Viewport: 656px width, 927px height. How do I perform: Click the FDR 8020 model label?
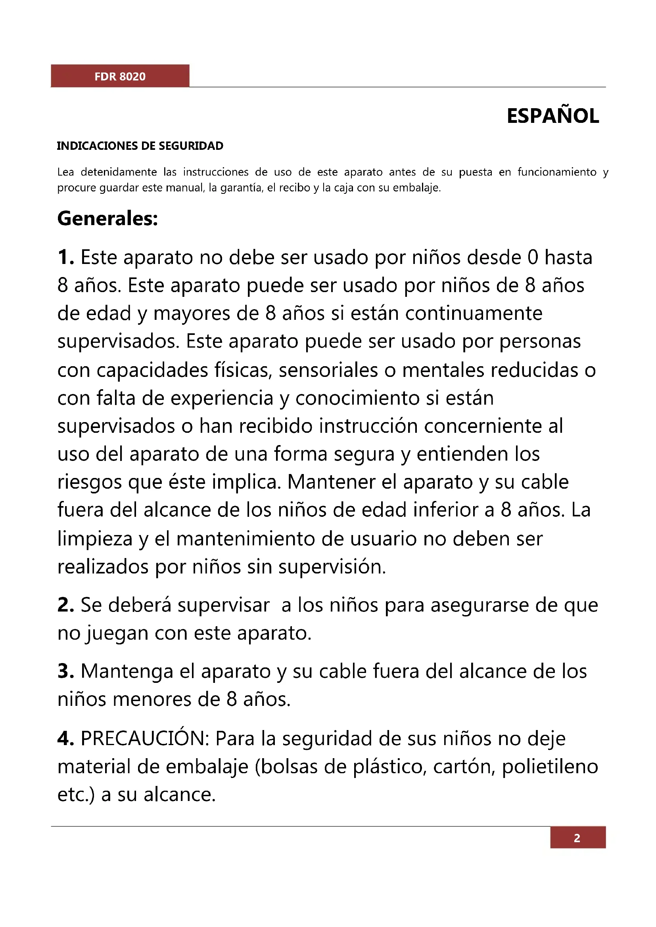(x=120, y=76)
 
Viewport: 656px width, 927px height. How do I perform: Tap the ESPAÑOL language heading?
(x=552, y=116)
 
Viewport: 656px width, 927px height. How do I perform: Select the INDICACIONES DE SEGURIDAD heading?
(x=140, y=146)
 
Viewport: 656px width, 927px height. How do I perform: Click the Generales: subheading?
(x=107, y=219)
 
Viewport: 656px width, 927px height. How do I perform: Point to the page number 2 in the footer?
(x=577, y=838)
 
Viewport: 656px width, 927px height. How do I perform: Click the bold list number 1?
(x=65, y=258)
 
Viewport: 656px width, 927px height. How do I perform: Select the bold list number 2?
(x=65, y=605)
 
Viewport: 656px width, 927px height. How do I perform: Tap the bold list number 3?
(x=65, y=671)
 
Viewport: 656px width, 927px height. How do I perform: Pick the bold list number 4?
(x=65, y=738)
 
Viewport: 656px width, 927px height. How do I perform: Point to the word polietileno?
(x=550, y=767)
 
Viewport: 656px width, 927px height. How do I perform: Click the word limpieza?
(x=95, y=539)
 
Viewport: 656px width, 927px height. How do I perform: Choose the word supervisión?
(x=332, y=567)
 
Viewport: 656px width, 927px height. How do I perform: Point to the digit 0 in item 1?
(x=533, y=258)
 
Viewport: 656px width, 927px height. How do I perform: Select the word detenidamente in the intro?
(x=119, y=172)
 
